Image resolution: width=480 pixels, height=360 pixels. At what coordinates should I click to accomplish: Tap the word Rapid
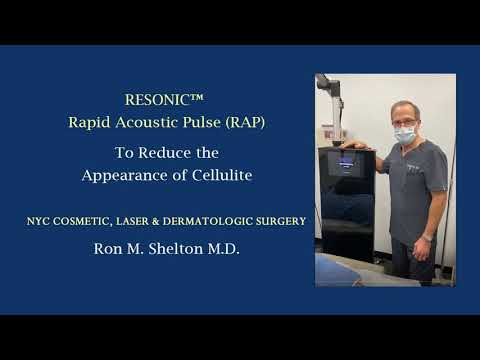click(x=90, y=123)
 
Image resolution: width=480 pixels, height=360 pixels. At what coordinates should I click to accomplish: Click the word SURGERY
click(x=286, y=218)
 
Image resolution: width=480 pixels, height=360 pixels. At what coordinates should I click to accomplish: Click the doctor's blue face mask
click(x=404, y=132)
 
